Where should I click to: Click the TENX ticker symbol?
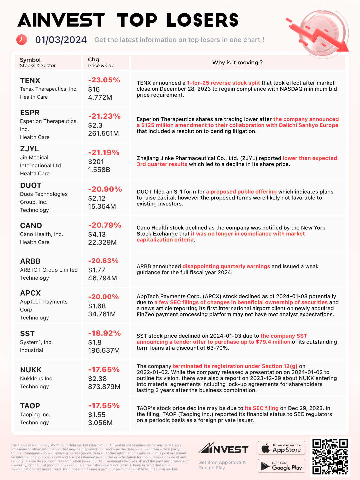pos(30,81)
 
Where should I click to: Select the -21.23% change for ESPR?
pos(104,116)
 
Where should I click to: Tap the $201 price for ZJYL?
pos(96,162)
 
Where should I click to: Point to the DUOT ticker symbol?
pos(31,185)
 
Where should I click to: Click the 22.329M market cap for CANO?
pos(102,242)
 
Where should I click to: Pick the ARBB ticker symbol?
pos(30,261)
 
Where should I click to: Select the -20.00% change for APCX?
pos(103,297)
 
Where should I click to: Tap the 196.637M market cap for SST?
pos(104,350)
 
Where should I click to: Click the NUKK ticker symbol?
pos(31,370)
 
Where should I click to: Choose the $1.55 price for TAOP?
pos(97,415)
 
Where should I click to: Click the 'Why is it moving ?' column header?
pos(237,63)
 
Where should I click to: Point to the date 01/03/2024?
pos(61,40)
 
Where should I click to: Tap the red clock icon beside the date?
pos(22,40)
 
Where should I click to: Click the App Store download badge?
pos(281,448)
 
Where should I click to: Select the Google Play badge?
pos(281,466)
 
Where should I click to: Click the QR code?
pos(330,457)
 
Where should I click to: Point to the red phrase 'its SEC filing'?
pos(261,408)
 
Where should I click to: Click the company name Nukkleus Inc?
pos(37,379)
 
